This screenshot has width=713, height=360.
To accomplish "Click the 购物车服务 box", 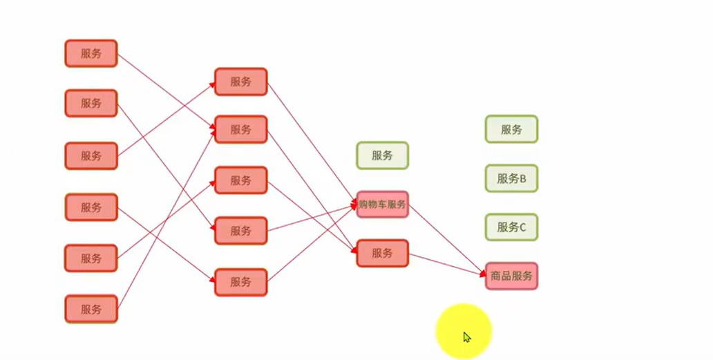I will (382, 205).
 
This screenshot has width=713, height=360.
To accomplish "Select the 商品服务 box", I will (511, 276).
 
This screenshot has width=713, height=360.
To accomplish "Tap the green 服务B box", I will (511, 178).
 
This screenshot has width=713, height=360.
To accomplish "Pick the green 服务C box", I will (511, 227).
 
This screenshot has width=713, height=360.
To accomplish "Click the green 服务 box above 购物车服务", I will (382, 155).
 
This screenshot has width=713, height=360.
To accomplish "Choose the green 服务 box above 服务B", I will (511, 129).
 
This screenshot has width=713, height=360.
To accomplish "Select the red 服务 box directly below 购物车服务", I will (382, 253).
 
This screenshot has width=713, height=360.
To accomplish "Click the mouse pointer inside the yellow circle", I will (467, 337).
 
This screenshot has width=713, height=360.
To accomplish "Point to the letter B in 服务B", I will (523, 178).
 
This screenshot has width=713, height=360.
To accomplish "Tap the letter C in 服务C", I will (523, 227).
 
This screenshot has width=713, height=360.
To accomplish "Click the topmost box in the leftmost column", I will (91, 53).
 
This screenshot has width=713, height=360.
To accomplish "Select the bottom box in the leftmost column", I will (91, 309).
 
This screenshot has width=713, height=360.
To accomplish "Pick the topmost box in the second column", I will (240, 82).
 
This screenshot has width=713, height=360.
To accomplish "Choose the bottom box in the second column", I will (240, 282).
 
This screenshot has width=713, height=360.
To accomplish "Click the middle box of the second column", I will (240, 180).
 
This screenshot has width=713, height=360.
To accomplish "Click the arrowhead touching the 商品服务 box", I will (483, 274).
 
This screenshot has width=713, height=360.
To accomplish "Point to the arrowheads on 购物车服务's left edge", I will (354, 204).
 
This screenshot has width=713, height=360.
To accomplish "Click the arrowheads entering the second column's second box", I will (211, 129).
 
